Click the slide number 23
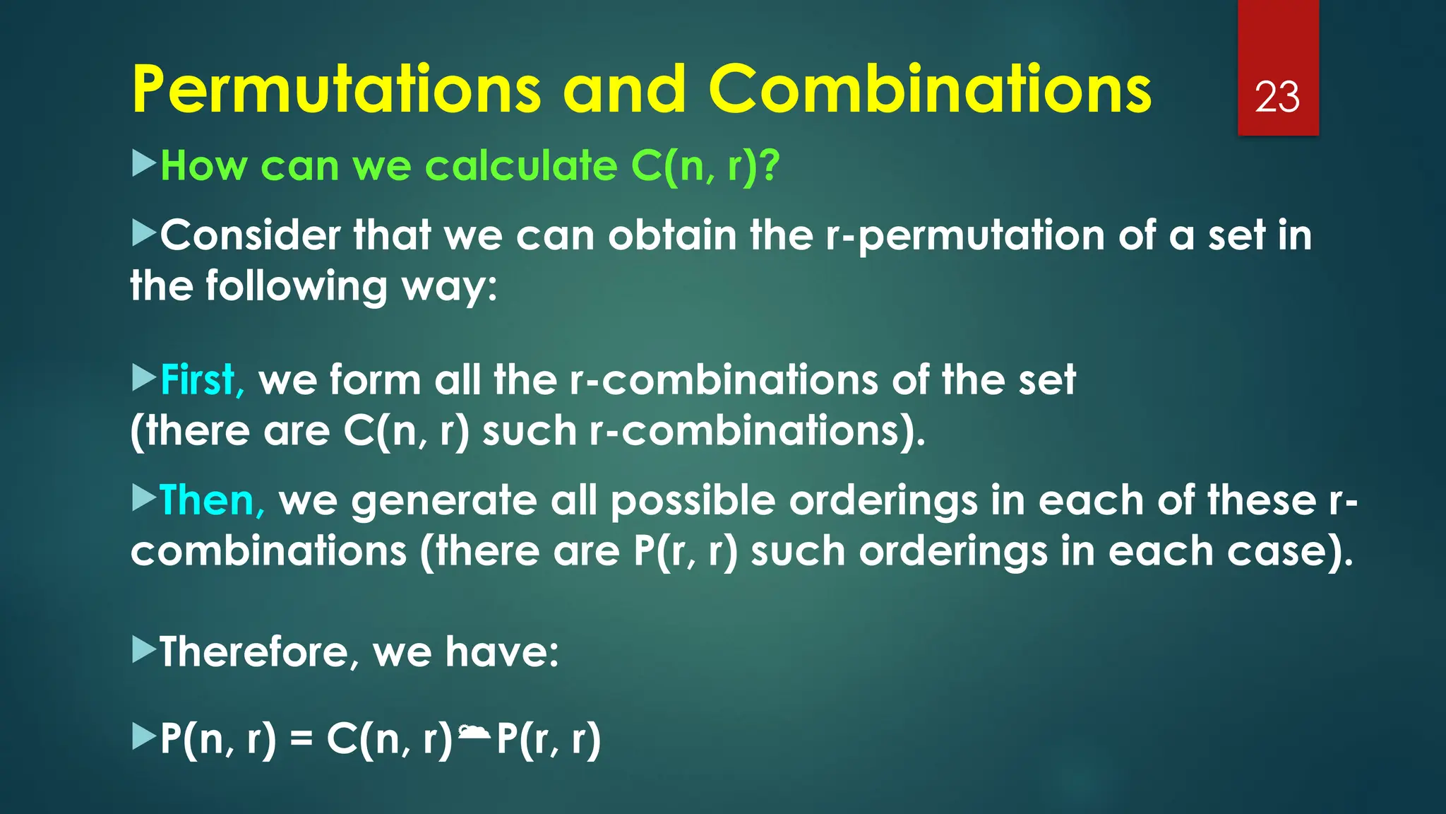coord(1277,97)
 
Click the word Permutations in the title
coord(336,90)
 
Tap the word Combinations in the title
coord(930,90)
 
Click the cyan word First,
coord(202,380)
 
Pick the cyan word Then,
coord(212,501)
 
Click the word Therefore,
coord(254,651)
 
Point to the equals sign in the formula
coord(301,740)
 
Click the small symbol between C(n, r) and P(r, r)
coord(474,732)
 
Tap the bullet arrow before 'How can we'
coord(144,163)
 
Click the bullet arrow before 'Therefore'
coord(144,649)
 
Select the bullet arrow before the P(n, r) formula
coord(144,737)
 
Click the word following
coord(297,287)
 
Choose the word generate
coord(444,502)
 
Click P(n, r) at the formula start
coord(218,740)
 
